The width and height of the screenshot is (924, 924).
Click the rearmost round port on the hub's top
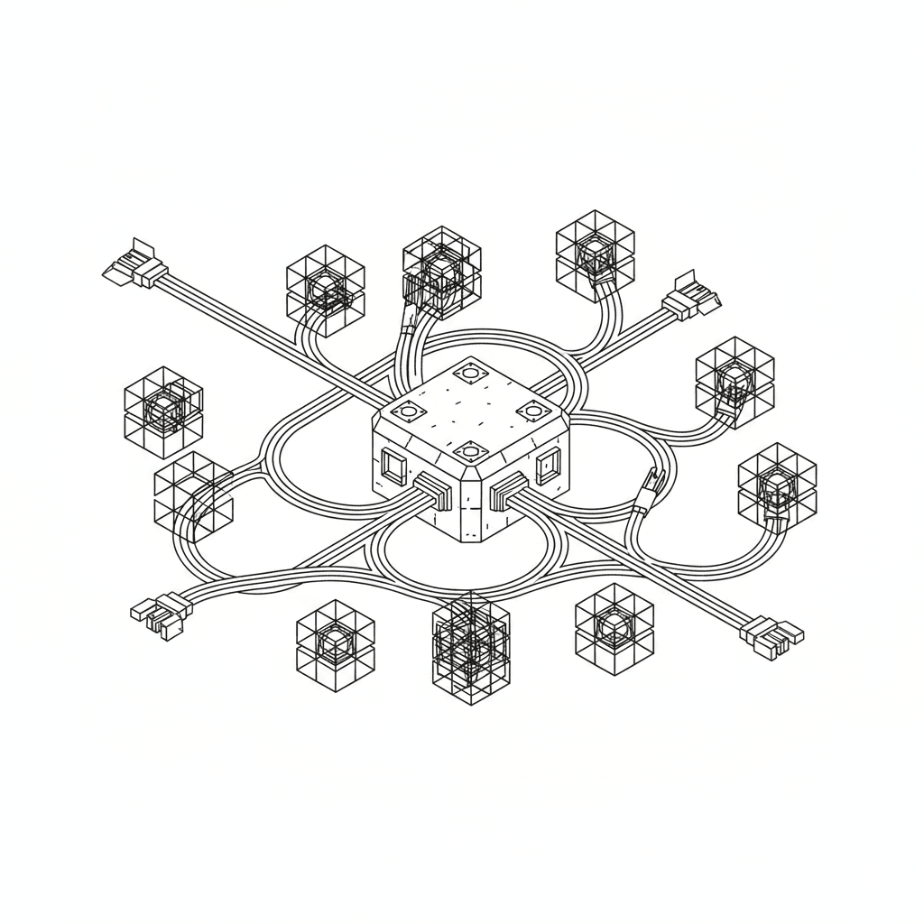click(x=469, y=370)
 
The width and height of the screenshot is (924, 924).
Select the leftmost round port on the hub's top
click(x=407, y=411)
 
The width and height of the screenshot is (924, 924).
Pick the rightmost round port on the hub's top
click(x=530, y=411)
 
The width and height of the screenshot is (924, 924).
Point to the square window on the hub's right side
click(x=547, y=467)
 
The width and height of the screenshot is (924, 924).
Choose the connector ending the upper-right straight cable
click(x=692, y=296)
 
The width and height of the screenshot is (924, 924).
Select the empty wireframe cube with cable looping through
click(x=193, y=494)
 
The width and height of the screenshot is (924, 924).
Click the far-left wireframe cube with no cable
click(x=163, y=411)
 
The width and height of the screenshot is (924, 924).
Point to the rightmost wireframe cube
click(x=776, y=490)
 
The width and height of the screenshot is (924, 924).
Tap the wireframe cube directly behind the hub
click(x=440, y=271)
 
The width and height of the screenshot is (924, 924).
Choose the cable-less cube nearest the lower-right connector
click(x=614, y=629)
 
